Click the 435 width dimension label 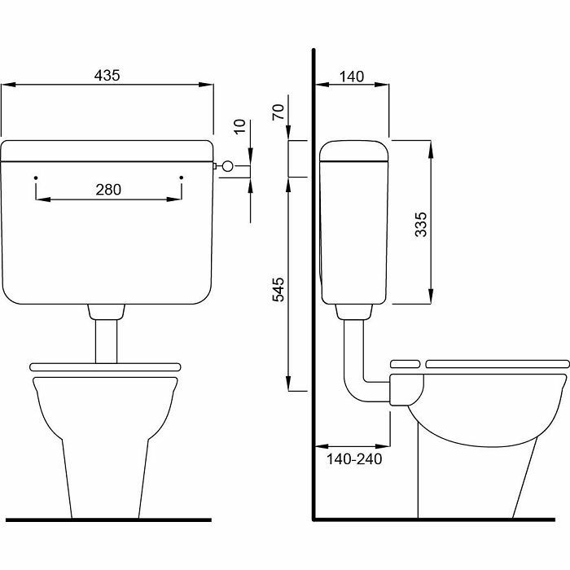coord(107,75)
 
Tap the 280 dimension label coord(108,190)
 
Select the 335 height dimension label coord(421,224)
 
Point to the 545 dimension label coord(278,289)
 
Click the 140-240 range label coord(354,459)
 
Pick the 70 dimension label coord(278,112)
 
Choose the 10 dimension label coord(240,126)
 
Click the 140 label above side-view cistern coord(352,77)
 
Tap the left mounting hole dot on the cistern coord(36,178)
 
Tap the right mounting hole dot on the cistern coord(182,178)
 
